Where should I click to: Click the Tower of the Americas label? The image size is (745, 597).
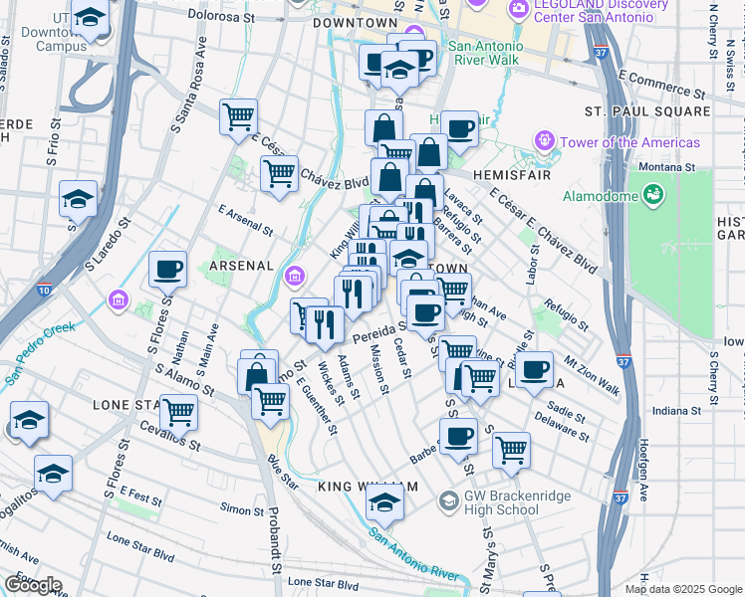point(629,142)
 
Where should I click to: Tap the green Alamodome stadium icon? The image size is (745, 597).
point(653,194)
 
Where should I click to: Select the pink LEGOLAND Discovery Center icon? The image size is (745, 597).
point(517,10)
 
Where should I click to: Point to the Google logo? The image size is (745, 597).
point(32,585)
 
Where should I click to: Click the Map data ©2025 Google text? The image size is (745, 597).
point(683,589)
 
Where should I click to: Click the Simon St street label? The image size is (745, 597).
point(242,509)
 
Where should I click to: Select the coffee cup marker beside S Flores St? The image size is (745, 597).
point(167,269)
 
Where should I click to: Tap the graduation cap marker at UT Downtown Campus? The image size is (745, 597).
point(91,19)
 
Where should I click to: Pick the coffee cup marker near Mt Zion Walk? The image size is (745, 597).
point(535,369)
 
